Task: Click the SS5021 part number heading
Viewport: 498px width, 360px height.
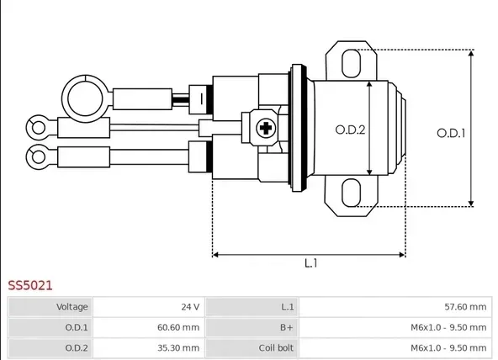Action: [29, 285]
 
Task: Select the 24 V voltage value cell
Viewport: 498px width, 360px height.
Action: [149, 307]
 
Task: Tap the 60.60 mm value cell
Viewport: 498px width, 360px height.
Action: [149, 327]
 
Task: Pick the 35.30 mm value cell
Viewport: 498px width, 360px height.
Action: [149, 348]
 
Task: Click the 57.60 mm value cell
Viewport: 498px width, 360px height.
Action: [395, 307]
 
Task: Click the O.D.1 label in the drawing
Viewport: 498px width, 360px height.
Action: [451, 133]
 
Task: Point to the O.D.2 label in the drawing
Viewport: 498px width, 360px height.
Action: [350, 130]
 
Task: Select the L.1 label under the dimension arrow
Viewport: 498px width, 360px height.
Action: [311, 263]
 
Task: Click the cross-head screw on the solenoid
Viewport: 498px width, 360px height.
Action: [266, 128]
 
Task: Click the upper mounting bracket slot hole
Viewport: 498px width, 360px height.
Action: [351, 63]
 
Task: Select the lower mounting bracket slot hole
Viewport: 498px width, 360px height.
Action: [351, 193]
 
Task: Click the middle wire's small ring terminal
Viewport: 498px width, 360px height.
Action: [28, 128]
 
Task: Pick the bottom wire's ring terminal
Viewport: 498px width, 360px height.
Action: [28, 156]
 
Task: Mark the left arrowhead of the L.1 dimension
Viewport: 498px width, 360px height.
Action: [215, 255]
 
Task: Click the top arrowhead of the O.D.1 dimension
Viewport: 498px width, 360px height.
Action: [471, 53]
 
